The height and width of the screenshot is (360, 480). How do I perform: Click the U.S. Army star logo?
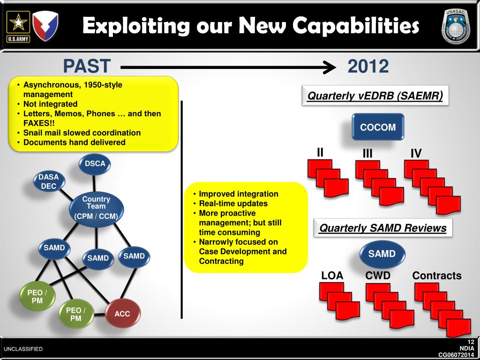18,26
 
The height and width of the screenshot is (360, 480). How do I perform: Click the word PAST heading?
87,67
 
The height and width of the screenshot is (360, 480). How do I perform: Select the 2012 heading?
368,67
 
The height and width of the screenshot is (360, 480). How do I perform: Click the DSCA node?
95,164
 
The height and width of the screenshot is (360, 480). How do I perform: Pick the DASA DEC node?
49,181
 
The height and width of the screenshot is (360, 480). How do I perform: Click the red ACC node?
122,313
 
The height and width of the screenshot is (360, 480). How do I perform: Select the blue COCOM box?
378,127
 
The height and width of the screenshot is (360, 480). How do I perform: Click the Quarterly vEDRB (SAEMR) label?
375,96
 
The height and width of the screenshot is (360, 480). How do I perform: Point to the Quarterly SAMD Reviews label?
382,228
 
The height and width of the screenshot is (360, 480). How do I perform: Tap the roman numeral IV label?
416,153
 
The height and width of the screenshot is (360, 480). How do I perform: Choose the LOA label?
332,276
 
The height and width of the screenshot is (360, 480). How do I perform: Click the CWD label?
378,276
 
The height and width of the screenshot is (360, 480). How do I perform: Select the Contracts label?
436,276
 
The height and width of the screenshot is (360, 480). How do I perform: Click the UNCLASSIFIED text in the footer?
23,349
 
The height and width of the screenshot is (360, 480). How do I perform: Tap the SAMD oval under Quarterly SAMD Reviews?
382,254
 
